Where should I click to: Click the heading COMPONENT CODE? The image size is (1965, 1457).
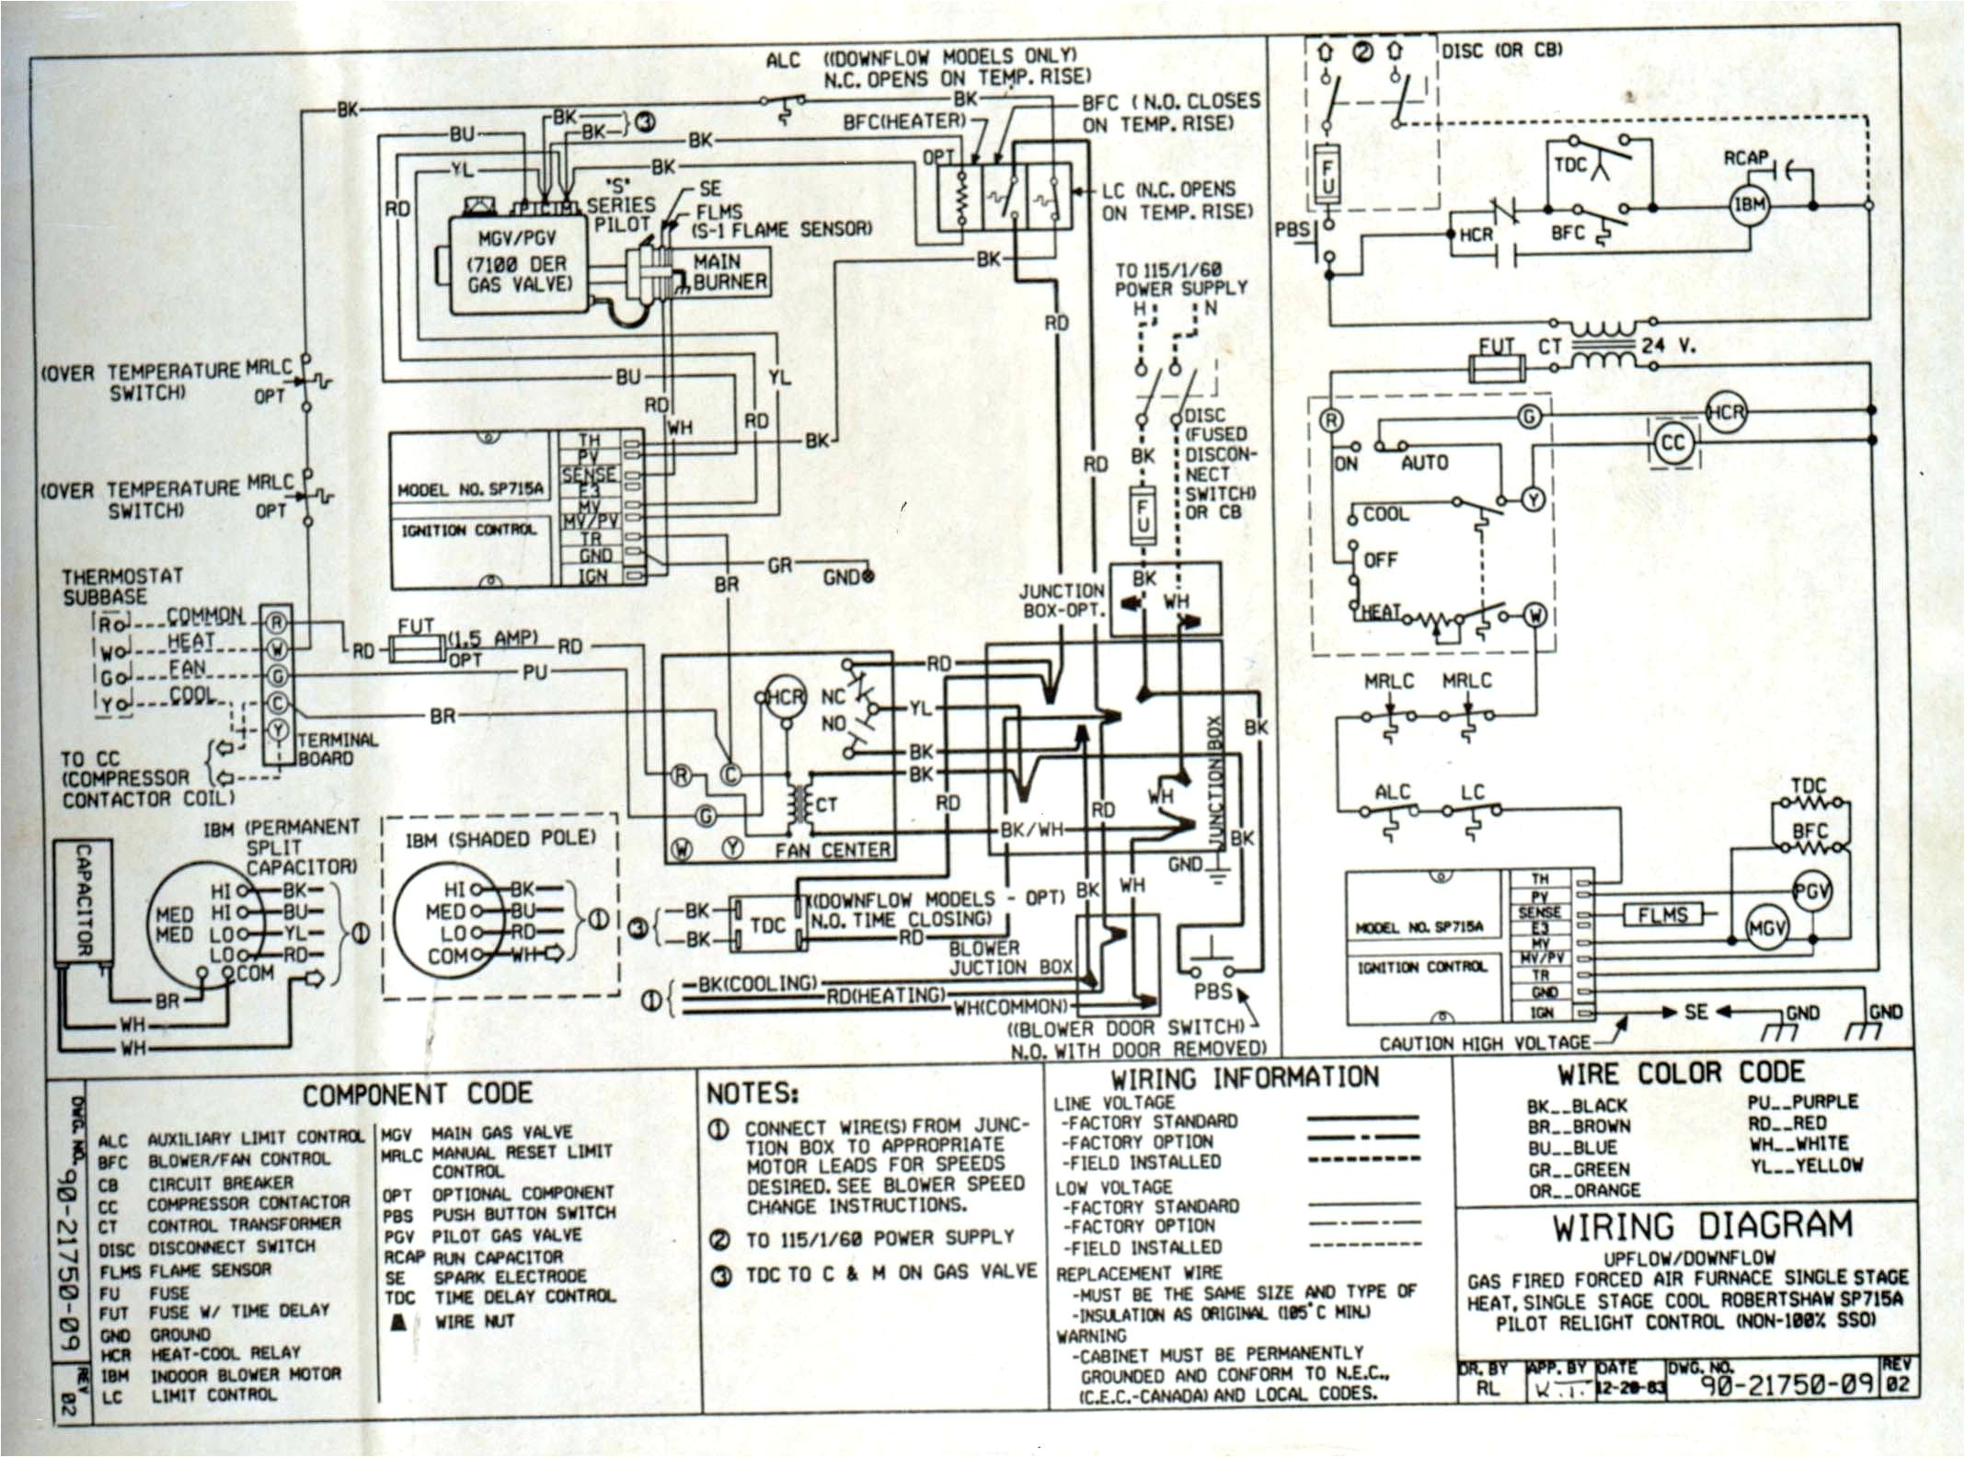417,1094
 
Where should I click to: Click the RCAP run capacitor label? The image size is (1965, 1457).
1745,158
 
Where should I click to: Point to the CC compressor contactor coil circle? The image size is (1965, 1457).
1672,443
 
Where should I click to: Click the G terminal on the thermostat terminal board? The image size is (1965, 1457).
277,676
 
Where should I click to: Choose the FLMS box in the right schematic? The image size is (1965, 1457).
1662,915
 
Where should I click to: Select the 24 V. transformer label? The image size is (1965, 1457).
1668,347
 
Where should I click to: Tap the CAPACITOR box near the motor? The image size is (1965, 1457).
82,900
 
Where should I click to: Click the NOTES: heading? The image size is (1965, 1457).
753,1094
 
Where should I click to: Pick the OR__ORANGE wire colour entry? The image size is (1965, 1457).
1584,1190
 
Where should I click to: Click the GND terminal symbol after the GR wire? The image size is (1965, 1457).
866,576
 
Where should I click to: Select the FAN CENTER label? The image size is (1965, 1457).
833,851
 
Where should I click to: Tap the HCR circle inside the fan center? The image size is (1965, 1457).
785,697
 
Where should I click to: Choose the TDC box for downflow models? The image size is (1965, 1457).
768,924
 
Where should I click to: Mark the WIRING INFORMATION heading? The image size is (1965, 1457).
1245,1078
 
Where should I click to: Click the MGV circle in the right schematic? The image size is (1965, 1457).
1766,929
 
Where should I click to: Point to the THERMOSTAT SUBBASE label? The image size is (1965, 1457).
122,586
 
